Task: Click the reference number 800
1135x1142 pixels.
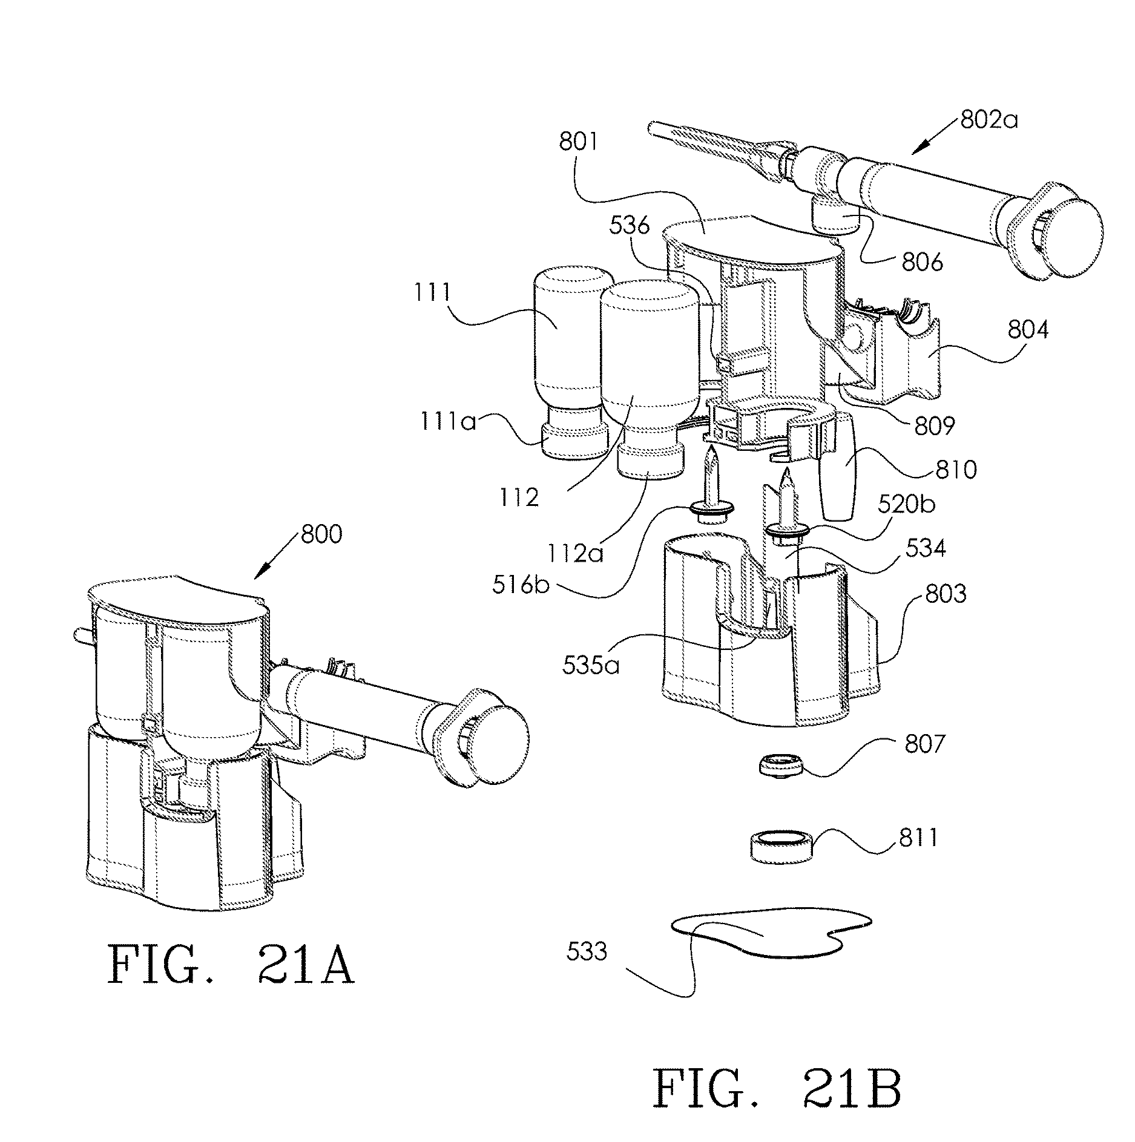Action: click(x=320, y=535)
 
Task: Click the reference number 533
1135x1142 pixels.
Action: click(x=587, y=952)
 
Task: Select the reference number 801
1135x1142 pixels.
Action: click(x=579, y=143)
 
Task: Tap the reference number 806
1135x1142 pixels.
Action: click(x=923, y=262)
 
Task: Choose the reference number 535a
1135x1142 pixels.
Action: click(x=590, y=666)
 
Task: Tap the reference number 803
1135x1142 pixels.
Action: click(x=945, y=594)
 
